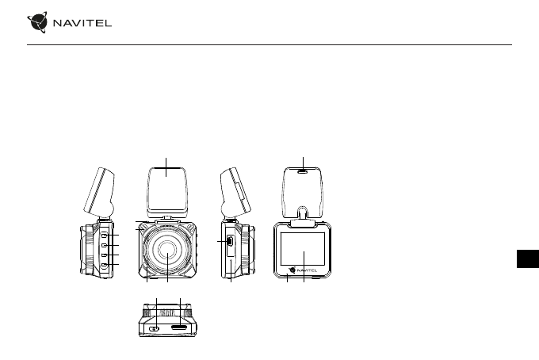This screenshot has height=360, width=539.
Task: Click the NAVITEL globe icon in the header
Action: coord(37,22)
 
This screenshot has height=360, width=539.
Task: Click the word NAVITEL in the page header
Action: coord(82,23)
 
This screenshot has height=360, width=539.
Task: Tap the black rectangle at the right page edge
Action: coord(528,259)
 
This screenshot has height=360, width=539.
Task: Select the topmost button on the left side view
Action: coord(105,235)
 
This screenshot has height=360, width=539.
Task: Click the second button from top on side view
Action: coord(105,245)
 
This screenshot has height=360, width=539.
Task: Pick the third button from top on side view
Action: coord(105,255)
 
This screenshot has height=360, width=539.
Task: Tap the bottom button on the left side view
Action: coord(105,264)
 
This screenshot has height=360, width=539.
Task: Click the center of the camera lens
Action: coord(167,250)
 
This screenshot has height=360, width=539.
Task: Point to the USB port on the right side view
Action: coord(229,241)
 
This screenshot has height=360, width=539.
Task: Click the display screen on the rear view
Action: coord(303,249)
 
